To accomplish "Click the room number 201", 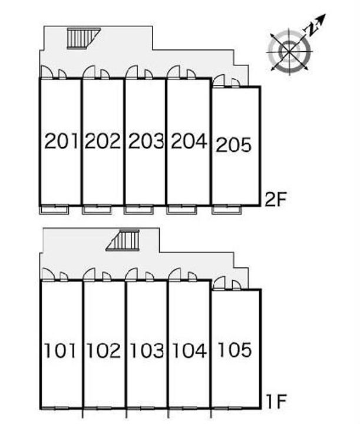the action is pyautogui.click(x=61, y=141).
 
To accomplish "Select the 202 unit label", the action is pyautogui.click(x=103, y=141).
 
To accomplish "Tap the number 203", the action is pyautogui.click(x=146, y=141).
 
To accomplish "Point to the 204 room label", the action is pyautogui.click(x=189, y=141).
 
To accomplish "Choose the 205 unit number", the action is pyautogui.click(x=234, y=145).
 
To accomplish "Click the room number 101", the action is pyautogui.click(x=60, y=350).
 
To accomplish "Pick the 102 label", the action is pyautogui.click(x=104, y=350).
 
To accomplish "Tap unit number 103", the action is pyautogui.click(x=147, y=350).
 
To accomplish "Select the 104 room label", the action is pyautogui.click(x=189, y=350).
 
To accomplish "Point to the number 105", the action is pyautogui.click(x=235, y=350).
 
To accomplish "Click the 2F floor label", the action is pyautogui.click(x=275, y=199).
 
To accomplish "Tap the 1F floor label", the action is pyautogui.click(x=276, y=402).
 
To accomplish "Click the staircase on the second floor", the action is pyautogui.click(x=84, y=38).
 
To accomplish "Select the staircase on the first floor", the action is pyautogui.click(x=123, y=240).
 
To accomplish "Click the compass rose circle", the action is pyautogui.click(x=289, y=51).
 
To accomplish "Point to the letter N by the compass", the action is pyautogui.click(x=311, y=30).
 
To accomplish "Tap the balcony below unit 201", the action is pyautogui.click(x=54, y=210).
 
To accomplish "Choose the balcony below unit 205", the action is pyautogui.click(x=226, y=210).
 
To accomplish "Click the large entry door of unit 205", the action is pyautogui.click(x=219, y=81).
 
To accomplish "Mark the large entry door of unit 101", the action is pyautogui.click(x=48, y=274).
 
